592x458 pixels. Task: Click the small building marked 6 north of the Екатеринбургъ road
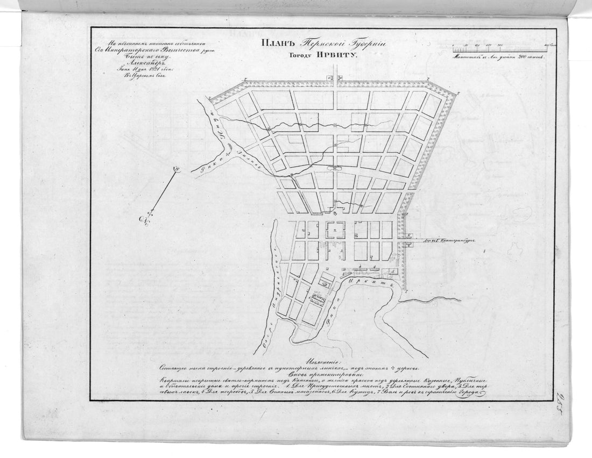coord(407,235)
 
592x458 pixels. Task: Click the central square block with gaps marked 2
coord(336,230)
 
